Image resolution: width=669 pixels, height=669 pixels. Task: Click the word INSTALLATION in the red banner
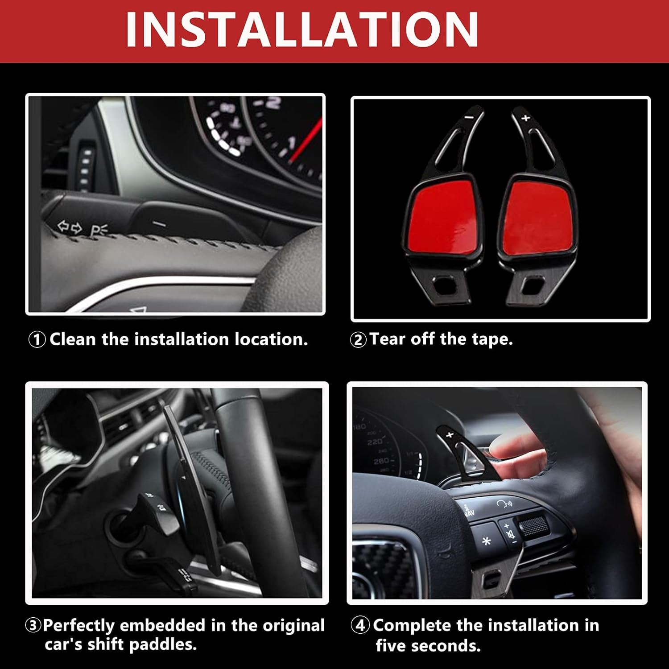(x=302, y=29)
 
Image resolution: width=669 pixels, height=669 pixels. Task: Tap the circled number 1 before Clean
(x=37, y=340)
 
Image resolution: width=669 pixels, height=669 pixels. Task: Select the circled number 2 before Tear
(x=358, y=340)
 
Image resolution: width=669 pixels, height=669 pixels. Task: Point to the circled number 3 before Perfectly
(x=33, y=625)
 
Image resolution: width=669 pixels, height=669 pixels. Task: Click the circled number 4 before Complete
(x=360, y=625)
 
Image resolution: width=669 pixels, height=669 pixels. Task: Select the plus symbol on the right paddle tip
(x=525, y=118)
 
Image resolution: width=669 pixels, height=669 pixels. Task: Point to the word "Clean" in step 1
(x=73, y=339)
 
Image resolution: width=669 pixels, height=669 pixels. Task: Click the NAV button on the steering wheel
(x=469, y=511)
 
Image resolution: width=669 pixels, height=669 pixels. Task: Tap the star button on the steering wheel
(x=487, y=541)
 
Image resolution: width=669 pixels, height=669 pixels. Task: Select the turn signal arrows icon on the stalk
(x=70, y=228)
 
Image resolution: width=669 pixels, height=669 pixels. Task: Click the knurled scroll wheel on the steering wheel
(x=533, y=526)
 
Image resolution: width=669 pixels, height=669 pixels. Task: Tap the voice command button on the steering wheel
(x=504, y=504)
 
